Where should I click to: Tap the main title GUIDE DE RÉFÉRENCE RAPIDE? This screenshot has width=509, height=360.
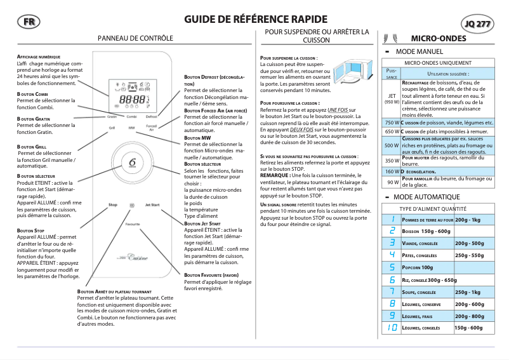coord(256,20)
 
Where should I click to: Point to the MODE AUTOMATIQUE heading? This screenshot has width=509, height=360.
coord(427,197)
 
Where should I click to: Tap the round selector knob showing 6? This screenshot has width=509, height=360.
coord(133,163)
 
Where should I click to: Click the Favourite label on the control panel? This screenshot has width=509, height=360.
coord(133,224)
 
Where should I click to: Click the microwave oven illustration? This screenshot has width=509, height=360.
coord(349,69)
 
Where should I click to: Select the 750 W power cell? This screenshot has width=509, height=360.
coord(392,122)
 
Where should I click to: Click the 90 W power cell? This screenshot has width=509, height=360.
coord(392,182)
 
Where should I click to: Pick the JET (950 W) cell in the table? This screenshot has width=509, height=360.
coord(392,98)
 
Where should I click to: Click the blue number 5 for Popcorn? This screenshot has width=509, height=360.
coord(392,267)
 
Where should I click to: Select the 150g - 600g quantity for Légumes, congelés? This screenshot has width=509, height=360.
coord(469,328)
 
